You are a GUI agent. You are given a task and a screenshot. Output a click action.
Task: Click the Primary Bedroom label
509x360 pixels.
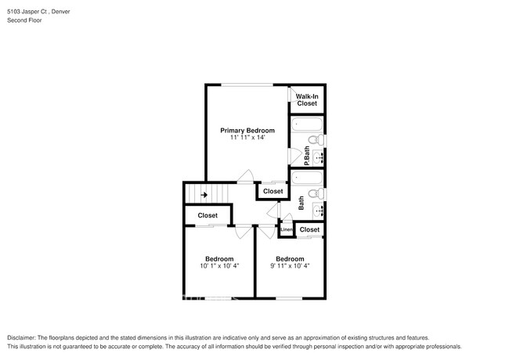coord(247,130)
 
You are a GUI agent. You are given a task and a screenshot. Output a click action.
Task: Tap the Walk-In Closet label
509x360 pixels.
coord(306,99)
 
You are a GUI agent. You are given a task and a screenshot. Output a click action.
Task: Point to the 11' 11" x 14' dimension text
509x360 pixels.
coord(247,138)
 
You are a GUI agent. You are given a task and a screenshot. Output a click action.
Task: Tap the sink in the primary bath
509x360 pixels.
coord(319,157)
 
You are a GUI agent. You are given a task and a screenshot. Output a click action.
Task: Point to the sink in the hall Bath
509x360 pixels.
coord(319,210)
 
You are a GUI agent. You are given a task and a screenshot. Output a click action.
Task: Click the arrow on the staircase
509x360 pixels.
coord(204,195)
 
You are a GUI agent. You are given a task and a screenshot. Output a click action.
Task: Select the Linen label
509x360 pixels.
coord(286,229)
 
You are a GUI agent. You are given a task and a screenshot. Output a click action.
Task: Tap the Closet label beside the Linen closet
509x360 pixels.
coord(309,229)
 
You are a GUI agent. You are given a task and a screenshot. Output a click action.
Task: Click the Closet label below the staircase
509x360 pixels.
coord(208,215)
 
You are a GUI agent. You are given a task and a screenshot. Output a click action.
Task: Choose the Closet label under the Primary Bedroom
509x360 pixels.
coord(273,191)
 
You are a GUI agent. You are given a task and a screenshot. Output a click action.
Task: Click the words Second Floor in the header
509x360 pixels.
coord(25,20)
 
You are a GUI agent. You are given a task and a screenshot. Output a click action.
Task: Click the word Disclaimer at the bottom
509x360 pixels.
coord(23,337)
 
